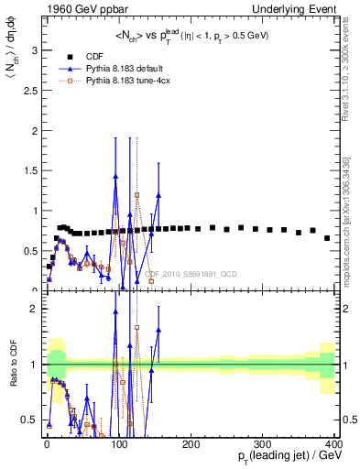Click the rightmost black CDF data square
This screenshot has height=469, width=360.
pos(327,238)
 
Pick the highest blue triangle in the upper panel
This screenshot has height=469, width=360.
pos(115,176)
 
